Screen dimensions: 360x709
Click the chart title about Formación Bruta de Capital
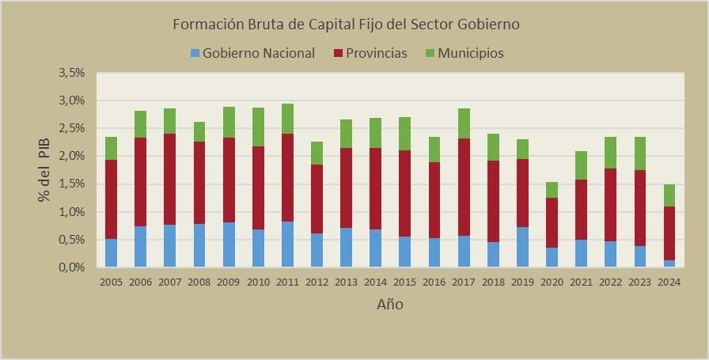(346, 24)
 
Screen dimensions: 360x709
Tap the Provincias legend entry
(370, 53)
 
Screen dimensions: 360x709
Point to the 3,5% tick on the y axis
(71, 73)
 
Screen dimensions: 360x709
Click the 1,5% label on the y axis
(71, 184)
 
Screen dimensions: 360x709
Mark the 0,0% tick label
(71, 267)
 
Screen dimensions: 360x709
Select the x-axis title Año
(389, 304)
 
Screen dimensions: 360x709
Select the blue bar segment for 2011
(286, 244)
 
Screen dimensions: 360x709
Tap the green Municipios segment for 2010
(257, 127)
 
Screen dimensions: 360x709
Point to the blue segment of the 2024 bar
(669, 263)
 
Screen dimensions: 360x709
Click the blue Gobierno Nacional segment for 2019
(521, 247)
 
